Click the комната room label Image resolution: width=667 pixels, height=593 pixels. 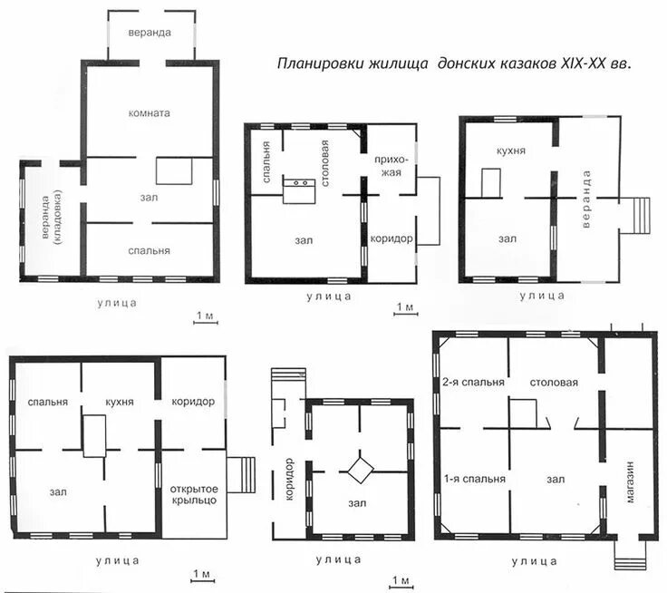(x=149, y=113)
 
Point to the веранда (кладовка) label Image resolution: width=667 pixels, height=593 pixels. (x=52, y=217)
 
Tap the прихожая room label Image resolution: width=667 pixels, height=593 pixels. (x=391, y=166)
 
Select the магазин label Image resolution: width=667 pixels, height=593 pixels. (x=630, y=481)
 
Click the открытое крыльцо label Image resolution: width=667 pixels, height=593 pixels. (x=194, y=495)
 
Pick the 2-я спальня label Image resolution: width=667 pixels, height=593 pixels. (x=473, y=383)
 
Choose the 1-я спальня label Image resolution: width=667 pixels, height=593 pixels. (x=474, y=479)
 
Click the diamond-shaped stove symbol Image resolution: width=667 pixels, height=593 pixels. (x=361, y=470)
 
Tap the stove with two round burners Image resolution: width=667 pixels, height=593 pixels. (x=299, y=191)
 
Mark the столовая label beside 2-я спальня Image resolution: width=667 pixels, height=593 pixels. (x=554, y=383)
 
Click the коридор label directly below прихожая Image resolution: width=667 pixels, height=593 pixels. (x=391, y=238)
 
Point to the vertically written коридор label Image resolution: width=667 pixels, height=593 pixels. (x=289, y=479)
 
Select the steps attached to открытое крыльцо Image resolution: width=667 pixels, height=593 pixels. (x=241, y=475)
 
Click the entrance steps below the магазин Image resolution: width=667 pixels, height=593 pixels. (x=631, y=556)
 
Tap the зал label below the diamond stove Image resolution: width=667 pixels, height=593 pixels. (x=357, y=503)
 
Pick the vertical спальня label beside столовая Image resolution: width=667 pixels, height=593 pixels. (x=266, y=161)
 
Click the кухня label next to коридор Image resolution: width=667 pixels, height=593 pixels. (x=120, y=402)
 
